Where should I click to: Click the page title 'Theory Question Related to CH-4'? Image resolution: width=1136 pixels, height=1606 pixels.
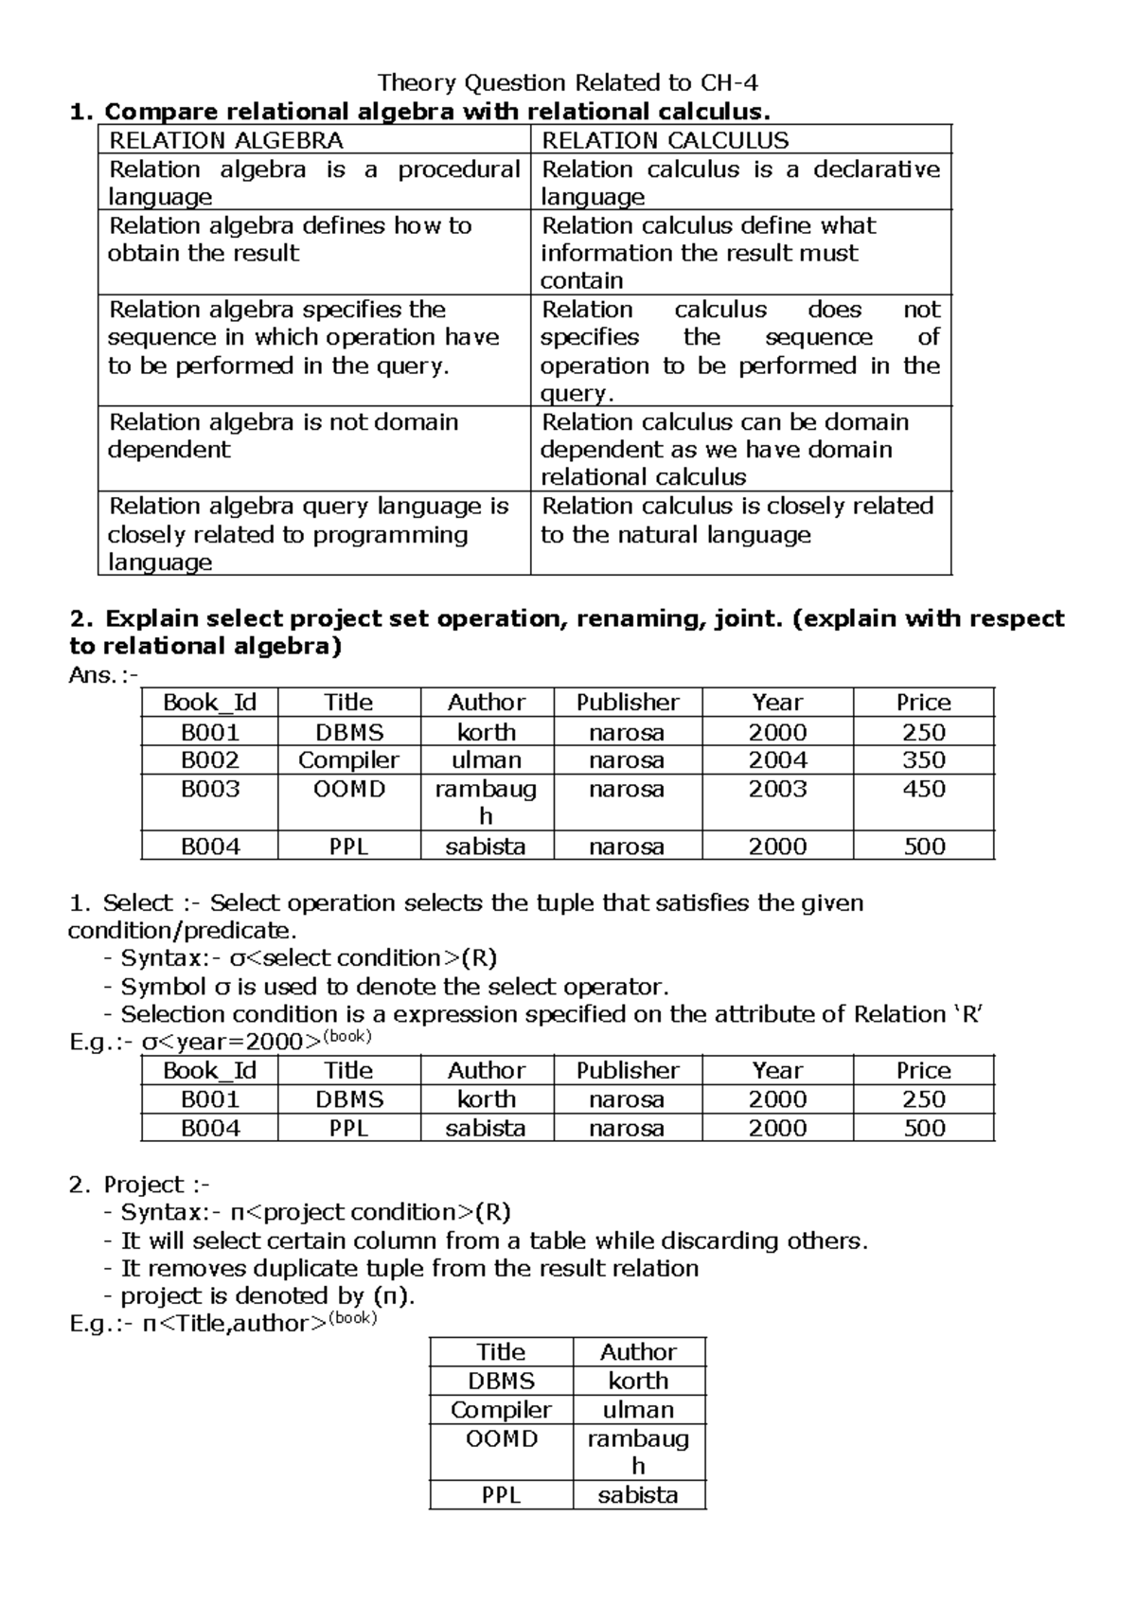click(x=568, y=82)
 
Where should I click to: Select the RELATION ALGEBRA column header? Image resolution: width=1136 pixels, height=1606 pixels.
click(x=226, y=141)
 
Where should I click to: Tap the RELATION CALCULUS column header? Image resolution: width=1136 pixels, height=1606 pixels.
click(x=665, y=141)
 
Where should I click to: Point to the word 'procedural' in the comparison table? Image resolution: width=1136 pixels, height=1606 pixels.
click(x=458, y=170)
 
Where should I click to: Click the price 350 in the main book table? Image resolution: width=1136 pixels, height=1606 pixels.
click(x=923, y=760)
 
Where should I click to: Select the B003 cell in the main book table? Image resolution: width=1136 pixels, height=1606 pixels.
click(x=210, y=789)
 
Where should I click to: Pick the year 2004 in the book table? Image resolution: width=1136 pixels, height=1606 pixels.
click(x=777, y=760)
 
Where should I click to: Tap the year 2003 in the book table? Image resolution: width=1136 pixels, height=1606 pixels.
click(x=777, y=789)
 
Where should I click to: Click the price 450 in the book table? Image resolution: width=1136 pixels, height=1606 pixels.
click(x=923, y=789)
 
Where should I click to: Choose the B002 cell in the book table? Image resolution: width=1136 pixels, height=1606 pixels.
click(x=210, y=760)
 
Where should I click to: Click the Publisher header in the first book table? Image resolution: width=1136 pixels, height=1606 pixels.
click(x=628, y=703)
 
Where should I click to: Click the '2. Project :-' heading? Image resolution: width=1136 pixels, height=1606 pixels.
click(x=140, y=1185)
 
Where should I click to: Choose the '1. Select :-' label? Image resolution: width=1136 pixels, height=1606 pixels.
click(x=134, y=902)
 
